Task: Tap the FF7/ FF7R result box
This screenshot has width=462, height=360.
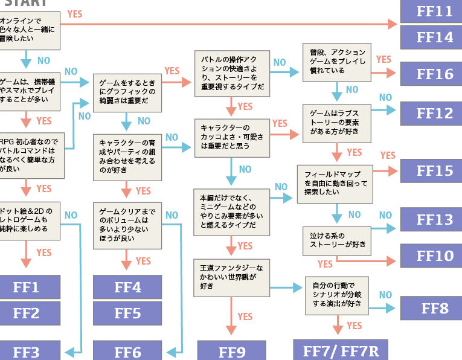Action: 340,350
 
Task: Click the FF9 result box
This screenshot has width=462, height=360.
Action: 231,351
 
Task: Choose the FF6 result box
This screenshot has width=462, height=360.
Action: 127,351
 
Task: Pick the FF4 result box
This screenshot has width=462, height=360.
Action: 127,287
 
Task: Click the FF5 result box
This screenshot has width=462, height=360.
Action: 127,313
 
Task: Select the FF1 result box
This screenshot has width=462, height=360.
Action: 27,287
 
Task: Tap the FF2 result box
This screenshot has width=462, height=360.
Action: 27,313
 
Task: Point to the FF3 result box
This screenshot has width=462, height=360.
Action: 27,351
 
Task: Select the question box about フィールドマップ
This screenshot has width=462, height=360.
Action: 335,183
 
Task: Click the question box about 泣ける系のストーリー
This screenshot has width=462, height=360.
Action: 336,240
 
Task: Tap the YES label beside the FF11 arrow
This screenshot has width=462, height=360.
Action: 75,14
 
